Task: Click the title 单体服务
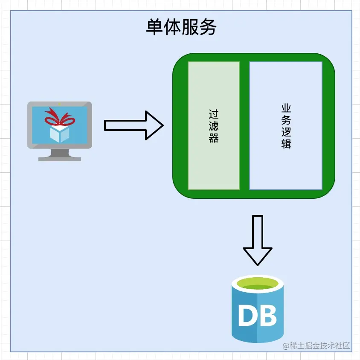181,28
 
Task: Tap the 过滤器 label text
214,126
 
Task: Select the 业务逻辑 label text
286,126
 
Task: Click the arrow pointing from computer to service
134,125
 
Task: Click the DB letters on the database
257,316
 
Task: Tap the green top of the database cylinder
257,284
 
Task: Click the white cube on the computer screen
59,133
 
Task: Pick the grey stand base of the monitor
60,159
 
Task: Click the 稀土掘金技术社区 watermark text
316,345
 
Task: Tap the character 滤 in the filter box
214,126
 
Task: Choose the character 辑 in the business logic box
286,143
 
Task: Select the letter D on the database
247,316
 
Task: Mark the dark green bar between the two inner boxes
244,126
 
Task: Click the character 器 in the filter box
214,138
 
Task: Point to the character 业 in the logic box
286,108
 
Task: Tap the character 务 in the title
208,28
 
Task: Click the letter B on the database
268,316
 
